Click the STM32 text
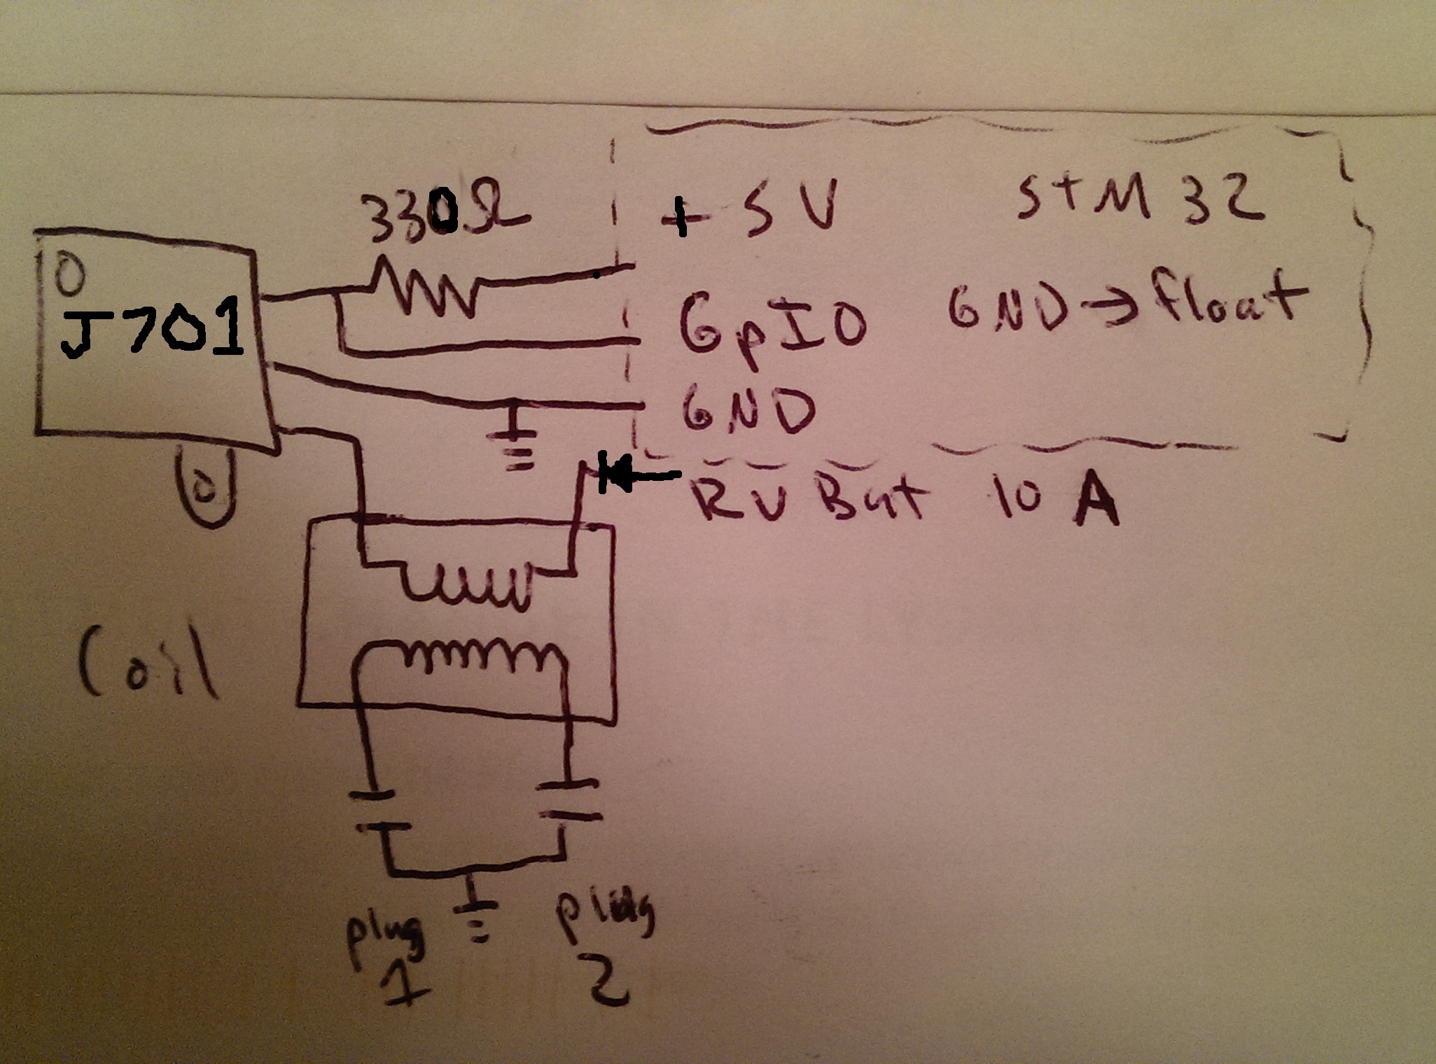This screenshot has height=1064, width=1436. pyautogui.click(x=1134, y=199)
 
